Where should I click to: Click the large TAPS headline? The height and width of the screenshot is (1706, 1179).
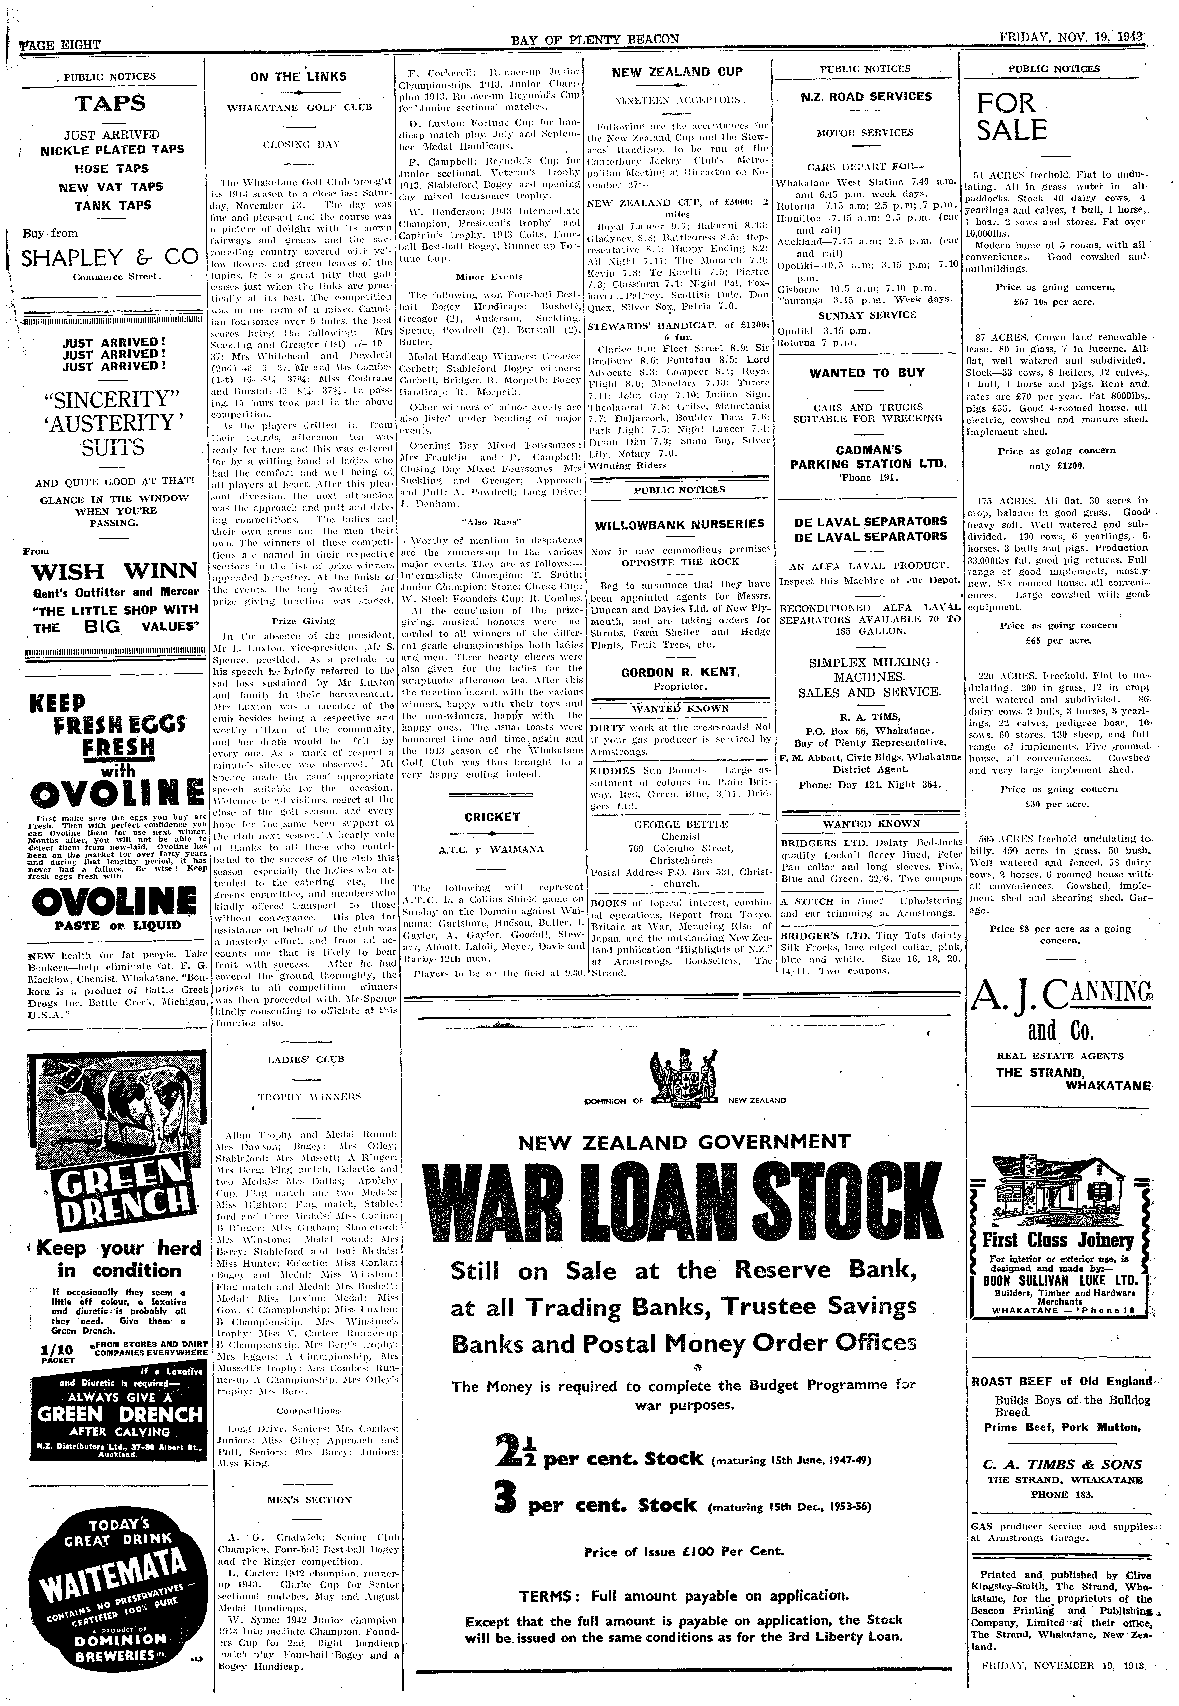click(x=110, y=103)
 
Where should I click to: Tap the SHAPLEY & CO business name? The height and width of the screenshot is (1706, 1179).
click(x=110, y=257)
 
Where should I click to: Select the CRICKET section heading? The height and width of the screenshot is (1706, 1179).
click(x=492, y=817)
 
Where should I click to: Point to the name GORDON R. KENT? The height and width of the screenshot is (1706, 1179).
click(x=680, y=672)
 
